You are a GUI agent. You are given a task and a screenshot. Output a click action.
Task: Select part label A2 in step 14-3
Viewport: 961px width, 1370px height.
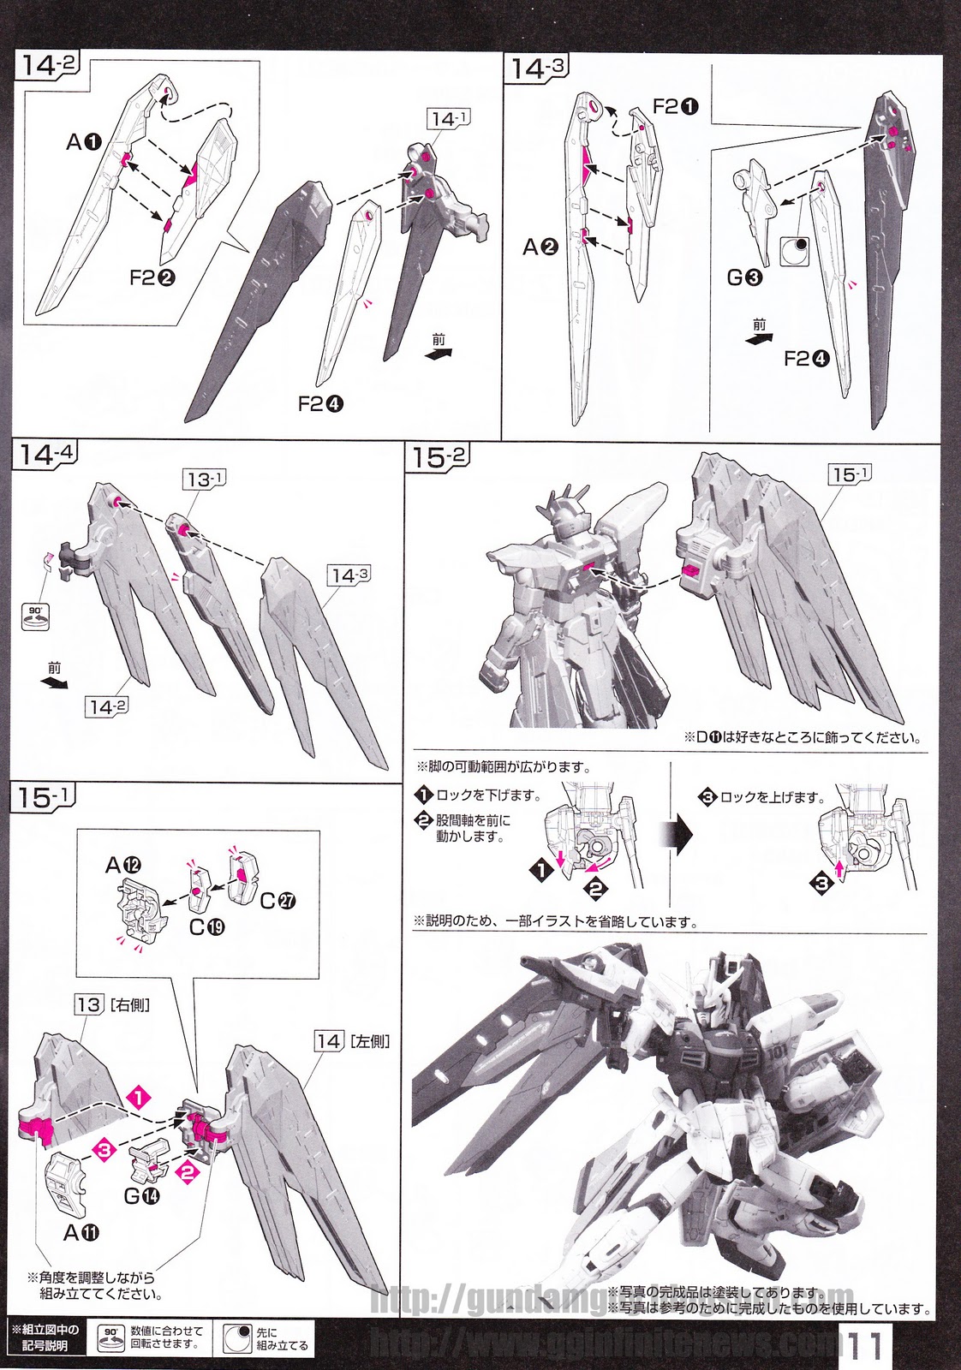click(540, 247)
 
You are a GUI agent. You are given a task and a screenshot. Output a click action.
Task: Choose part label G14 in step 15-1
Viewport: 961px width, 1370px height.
click(142, 1194)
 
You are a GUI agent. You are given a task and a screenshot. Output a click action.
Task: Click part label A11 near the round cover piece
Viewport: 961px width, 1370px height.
click(81, 1232)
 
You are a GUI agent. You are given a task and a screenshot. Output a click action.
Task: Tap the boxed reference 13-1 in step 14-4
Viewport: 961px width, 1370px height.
click(204, 479)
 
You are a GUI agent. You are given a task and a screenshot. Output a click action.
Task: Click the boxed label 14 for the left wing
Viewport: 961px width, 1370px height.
click(329, 1041)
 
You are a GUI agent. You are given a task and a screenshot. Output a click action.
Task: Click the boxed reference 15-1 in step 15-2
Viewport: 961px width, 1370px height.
click(849, 474)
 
